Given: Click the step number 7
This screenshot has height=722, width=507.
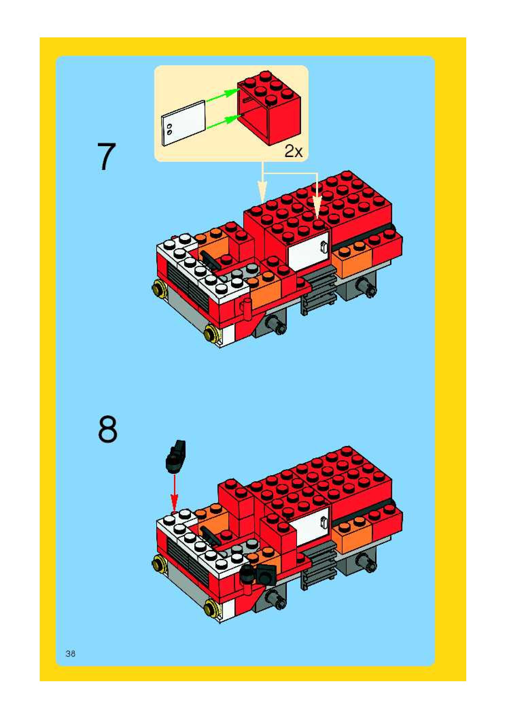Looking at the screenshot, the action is point(107,157).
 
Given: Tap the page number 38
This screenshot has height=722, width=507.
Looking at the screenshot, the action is point(71,653).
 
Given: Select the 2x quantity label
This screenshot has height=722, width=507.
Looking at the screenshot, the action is point(293,151).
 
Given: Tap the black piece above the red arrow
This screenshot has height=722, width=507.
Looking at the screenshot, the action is point(175,457).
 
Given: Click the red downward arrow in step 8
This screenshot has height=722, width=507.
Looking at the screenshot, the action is point(174,492).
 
